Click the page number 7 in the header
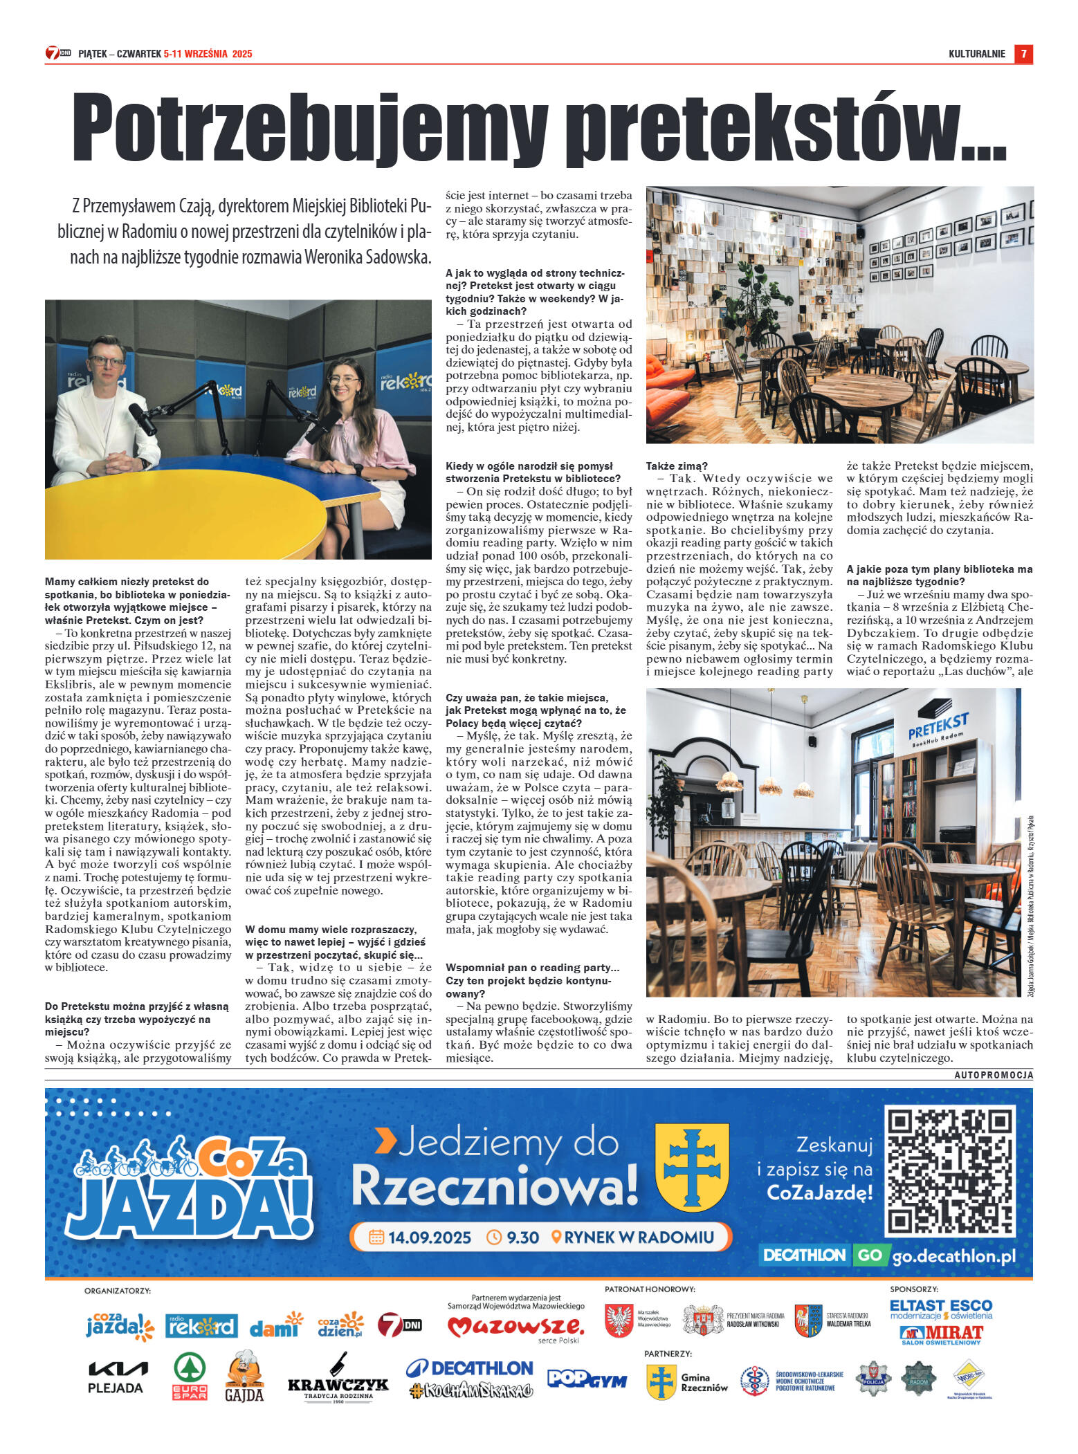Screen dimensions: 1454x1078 click(1023, 54)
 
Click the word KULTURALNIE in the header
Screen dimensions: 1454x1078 click(976, 54)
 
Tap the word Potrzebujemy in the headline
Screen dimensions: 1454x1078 click(310, 129)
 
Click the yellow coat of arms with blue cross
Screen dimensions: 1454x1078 click(691, 1166)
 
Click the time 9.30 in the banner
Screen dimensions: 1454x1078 click(513, 1237)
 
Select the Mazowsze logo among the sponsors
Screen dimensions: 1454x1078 click(515, 1326)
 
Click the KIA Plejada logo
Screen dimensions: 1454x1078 click(116, 1377)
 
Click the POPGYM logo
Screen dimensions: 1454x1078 click(587, 1379)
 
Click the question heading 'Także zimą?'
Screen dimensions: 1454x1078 click(677, 466)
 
